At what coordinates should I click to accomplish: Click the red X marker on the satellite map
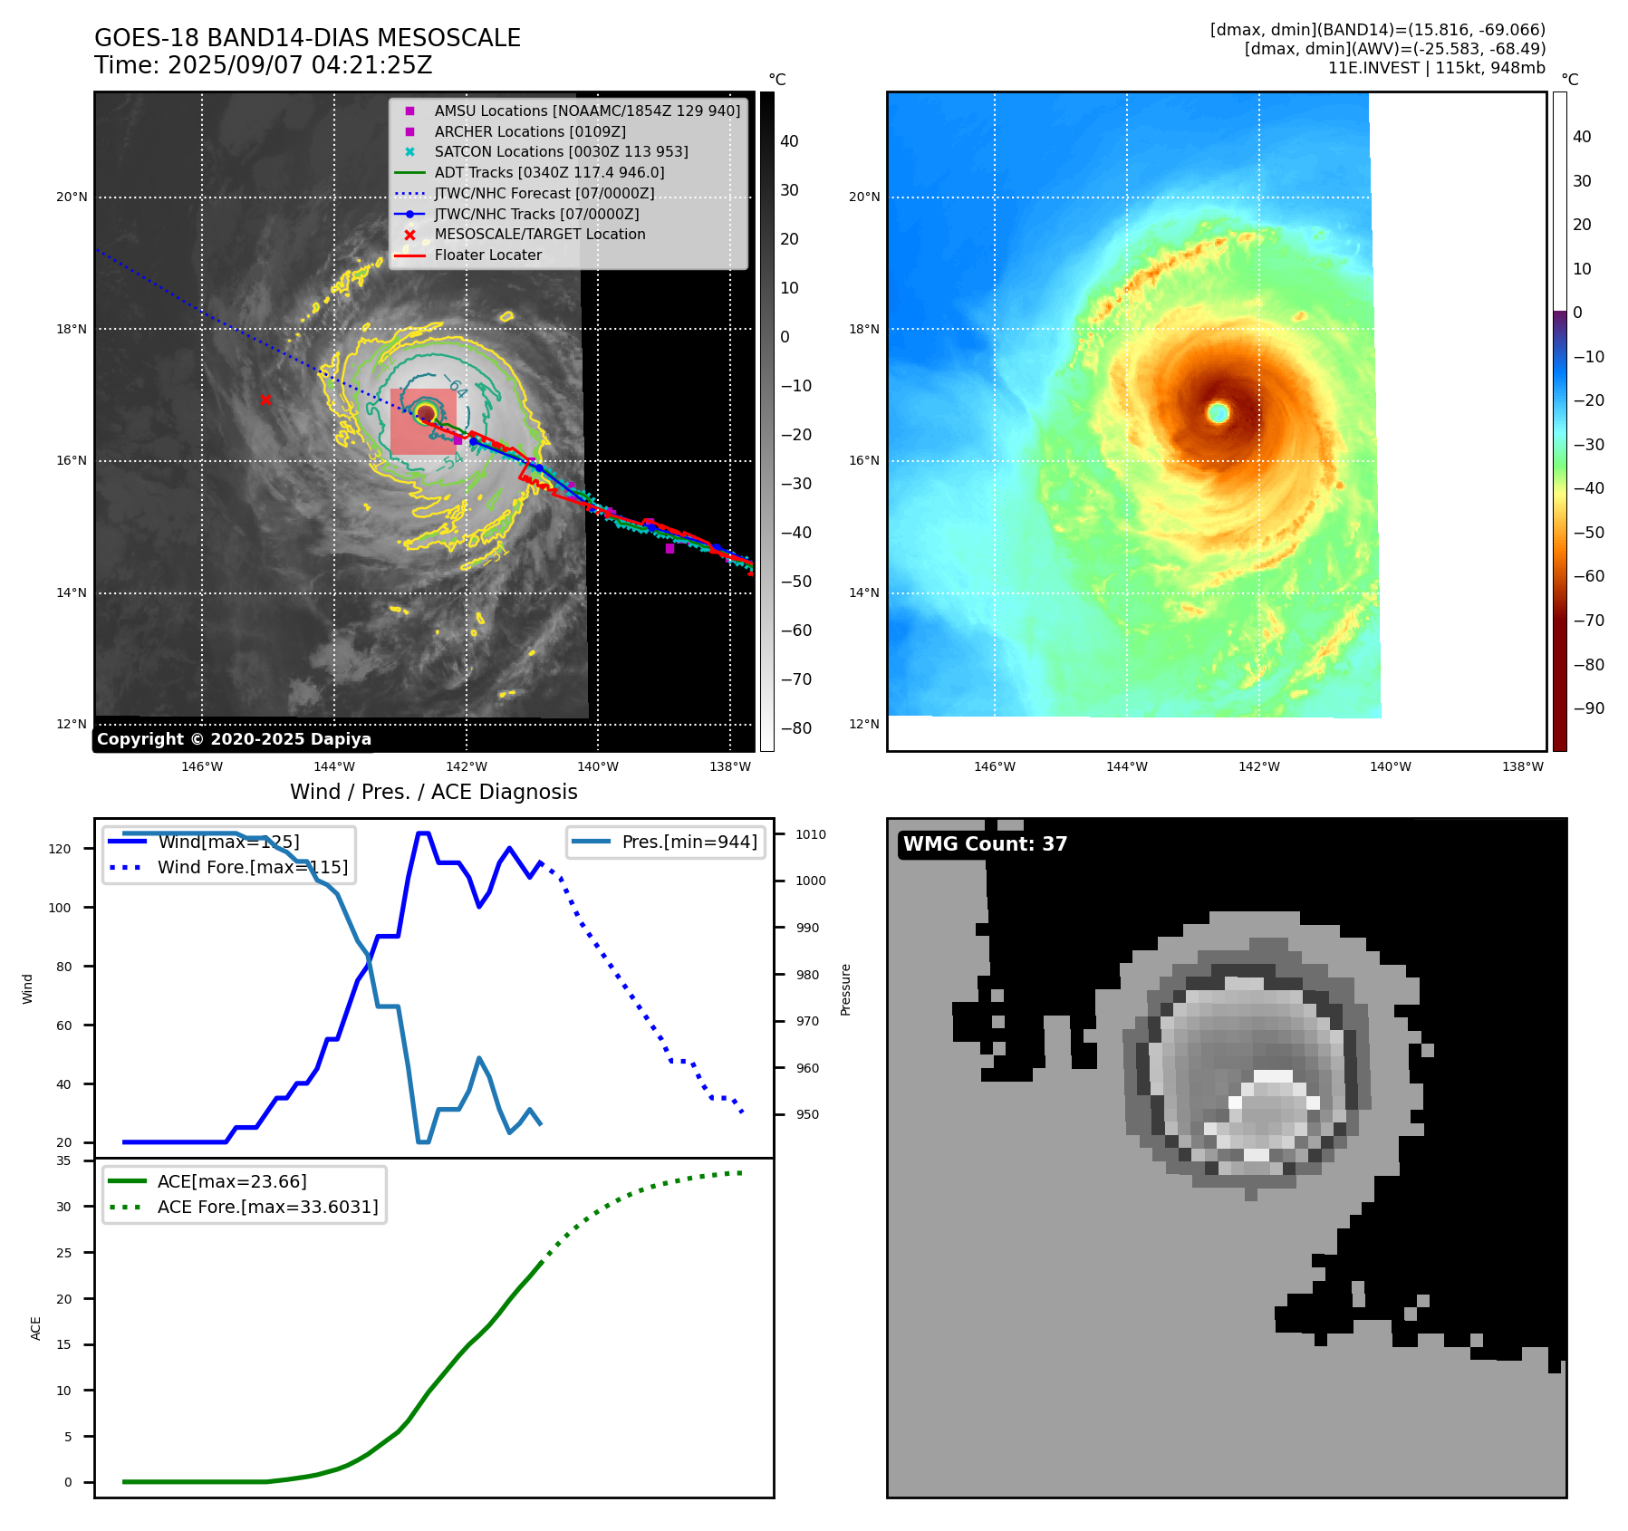coord(265,400)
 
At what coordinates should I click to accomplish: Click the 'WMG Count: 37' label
coord(985,844)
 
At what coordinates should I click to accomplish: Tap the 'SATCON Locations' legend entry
coord(561,151)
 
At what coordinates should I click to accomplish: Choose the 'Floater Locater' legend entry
coord(487,255)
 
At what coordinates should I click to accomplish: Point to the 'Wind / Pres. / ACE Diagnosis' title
coord(433,792)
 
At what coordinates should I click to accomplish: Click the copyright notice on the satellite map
coord(234,739)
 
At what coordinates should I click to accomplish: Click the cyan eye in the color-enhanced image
coord(1219,413)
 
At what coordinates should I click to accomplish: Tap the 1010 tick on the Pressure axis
coord(811,834)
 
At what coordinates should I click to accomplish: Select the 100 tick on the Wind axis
coord(60,908)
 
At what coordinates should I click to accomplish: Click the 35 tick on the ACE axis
coord(63,1160)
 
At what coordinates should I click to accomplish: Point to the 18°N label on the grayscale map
coord(72,329)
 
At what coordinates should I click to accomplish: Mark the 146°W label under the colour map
coord(995,766)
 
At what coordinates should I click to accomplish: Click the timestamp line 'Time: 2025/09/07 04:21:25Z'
coord(263,66)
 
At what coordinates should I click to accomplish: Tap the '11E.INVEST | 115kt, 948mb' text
coord(1436,68)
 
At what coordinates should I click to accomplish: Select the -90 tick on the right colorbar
coord(1588,708)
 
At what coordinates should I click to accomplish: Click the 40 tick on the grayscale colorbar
coord(789,141)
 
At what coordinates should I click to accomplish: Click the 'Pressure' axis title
coord(846,989)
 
